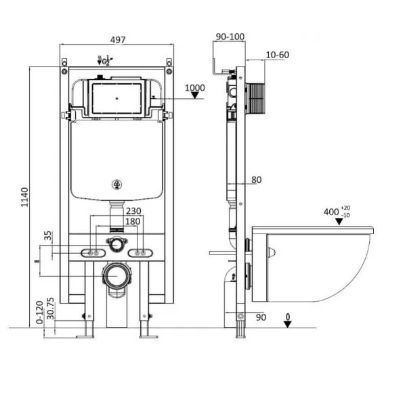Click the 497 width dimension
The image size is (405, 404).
118,40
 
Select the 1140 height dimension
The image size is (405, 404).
25,198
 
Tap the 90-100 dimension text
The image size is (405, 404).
230,37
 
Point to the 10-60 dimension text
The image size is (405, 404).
278,55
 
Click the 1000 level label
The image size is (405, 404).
195,88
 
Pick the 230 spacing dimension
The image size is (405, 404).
133,211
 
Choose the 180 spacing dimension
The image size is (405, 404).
133,221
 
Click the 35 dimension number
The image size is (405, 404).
48,235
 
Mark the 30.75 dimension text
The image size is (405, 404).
51,308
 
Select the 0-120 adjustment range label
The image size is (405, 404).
39,313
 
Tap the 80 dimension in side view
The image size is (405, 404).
256,180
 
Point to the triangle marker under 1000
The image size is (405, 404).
195,95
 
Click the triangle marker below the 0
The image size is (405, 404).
288,324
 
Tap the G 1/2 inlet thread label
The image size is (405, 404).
106,60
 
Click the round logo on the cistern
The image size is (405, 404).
117,185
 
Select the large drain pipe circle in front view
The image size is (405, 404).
116,275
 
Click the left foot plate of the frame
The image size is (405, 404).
85,336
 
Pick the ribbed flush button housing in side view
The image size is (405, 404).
255,99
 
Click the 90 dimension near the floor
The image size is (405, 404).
261,317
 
